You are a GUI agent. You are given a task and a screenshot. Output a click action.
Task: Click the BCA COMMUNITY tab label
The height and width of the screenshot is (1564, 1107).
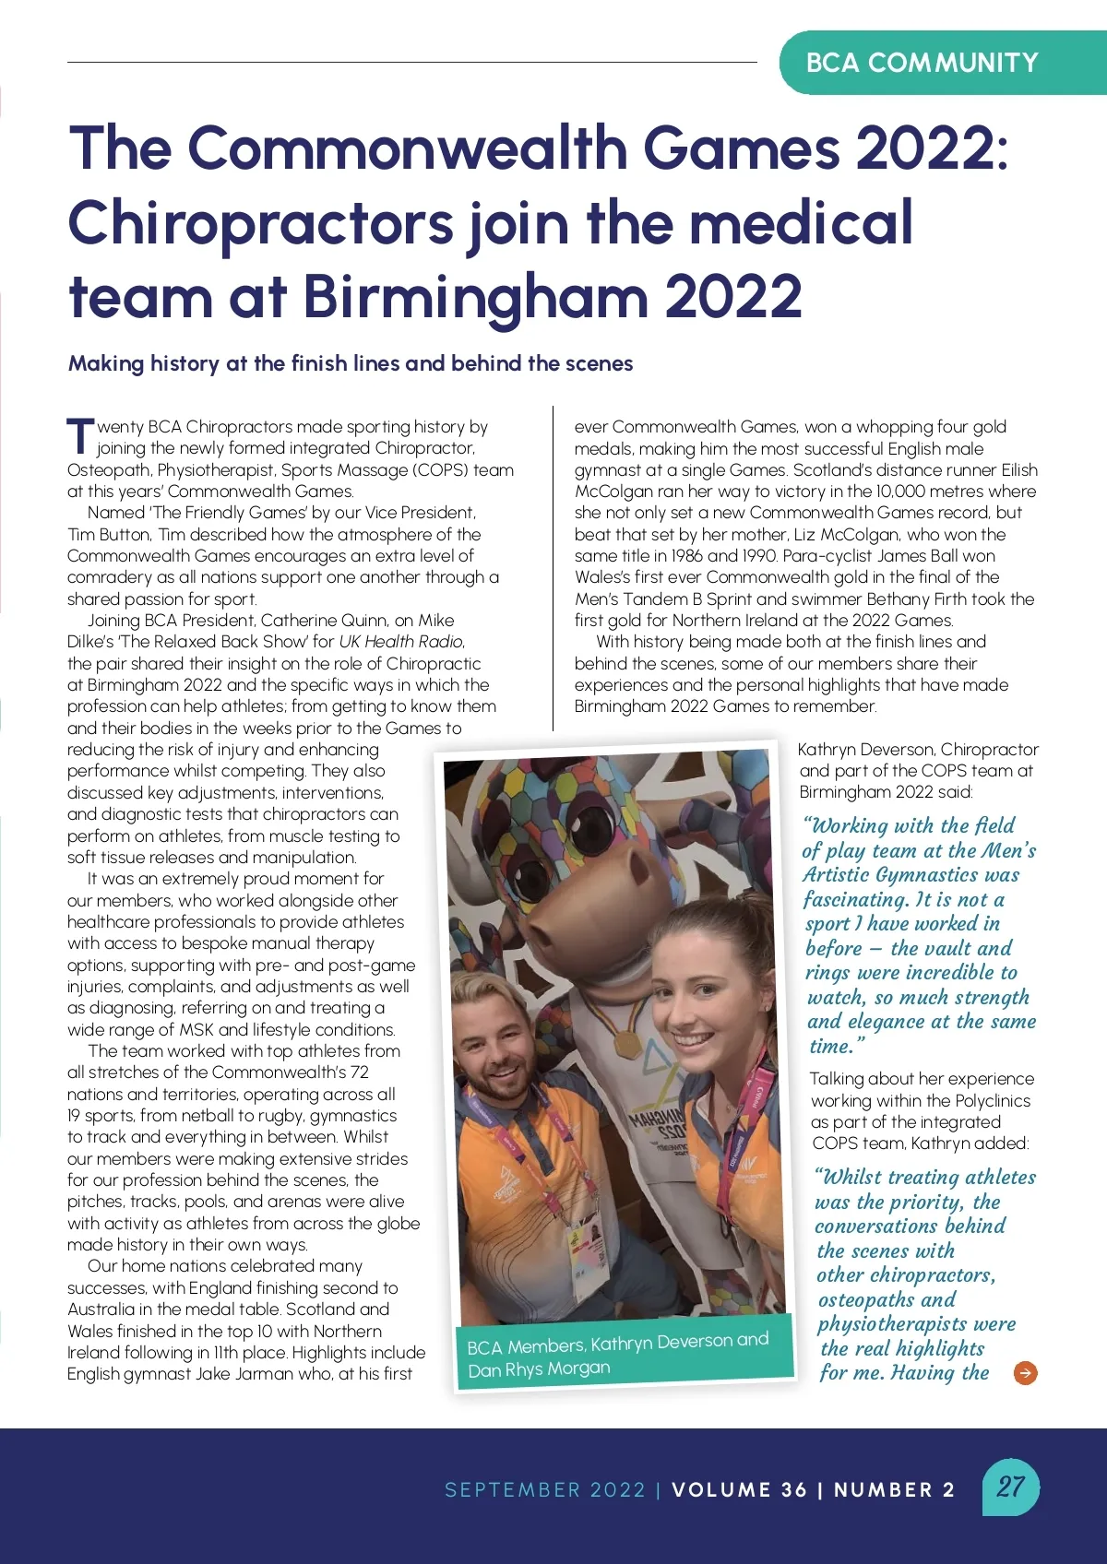pyautogui.click(x=922, y=63)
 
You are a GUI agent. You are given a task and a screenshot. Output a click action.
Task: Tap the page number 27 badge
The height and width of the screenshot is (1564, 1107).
pyautogui.click(x=1010, y=1487)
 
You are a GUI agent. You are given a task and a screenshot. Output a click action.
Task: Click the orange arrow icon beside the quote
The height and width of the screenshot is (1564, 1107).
pyautogui.click(x=1025, y=1373)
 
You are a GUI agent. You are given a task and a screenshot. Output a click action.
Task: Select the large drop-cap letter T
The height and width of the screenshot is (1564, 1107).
pyautogui.click(x=80, y=435)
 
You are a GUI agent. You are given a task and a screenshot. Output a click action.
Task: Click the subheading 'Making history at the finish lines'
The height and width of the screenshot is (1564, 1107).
pyautogui.click(x=350, y=363)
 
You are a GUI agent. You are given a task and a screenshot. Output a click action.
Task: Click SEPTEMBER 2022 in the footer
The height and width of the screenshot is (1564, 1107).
pyautogui.click(x=544, y=1489)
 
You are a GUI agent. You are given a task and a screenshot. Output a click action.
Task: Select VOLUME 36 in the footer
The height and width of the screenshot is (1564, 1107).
pyautogui.click(x=739, y=1489)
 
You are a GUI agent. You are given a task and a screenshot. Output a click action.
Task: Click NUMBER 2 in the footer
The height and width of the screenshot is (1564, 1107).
pyautogui.click(x=894, y=1489)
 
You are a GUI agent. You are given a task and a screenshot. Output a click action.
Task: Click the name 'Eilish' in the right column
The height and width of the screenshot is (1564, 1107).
pyautogui.click(x=1018, y=470)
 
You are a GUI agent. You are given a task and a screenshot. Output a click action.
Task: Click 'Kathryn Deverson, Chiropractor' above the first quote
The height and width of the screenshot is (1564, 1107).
pyautogui.click(x=918, y=749)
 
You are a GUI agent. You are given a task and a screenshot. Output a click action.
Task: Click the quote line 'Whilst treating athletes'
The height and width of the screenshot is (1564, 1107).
pyautogui.click(x=925, y=1178)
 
